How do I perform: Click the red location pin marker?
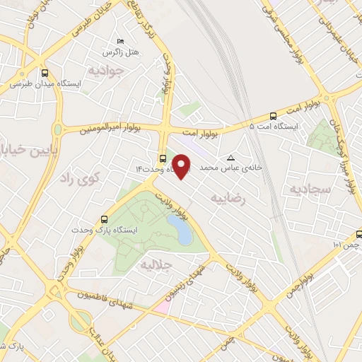(x=182, y=166)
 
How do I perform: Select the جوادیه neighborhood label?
(x=107, y=70)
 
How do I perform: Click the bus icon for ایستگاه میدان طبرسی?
(x=45, y=72)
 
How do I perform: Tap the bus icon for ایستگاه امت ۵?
(x=274, y=115)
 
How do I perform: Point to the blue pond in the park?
(x=184, y=231)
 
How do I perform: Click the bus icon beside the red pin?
(x=163, y=158)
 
